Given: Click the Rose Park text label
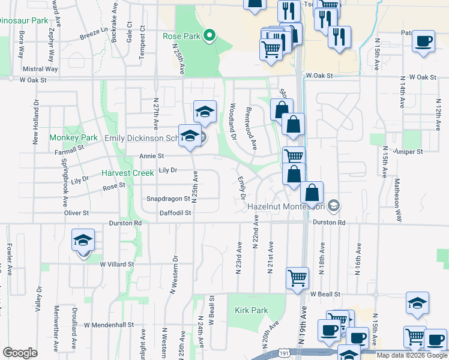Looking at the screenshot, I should [181, 36].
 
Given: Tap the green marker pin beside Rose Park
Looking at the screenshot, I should [209, 36].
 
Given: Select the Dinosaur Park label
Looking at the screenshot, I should [23, 20].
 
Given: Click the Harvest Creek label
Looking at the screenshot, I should [127, 173].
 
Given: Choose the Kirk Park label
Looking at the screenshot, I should [251, 310].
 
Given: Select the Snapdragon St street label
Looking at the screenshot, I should [169, 199].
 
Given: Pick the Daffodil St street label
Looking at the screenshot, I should [175, 212].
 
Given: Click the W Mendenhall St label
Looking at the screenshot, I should [109, 325].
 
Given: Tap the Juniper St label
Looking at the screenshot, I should [410, 152].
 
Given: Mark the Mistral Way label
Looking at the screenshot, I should [41, 69].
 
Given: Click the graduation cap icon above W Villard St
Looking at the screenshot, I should [83, 241].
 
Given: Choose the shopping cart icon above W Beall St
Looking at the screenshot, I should [298, 278].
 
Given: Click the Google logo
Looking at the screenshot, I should [20, 353].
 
